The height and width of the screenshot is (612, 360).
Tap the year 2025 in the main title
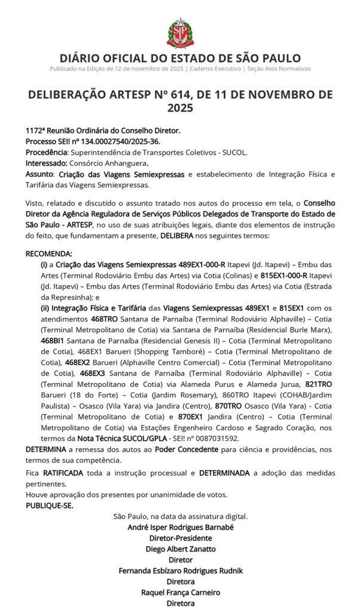coord(179,108)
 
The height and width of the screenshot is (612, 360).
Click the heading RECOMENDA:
coord(49,253)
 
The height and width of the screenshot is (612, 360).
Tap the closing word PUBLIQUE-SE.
coord(49,506)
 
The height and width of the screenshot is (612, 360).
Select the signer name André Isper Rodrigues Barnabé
coord(180,527)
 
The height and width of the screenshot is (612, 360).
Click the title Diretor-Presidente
coord(180,538)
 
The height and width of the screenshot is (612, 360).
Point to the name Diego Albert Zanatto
coord(180,549)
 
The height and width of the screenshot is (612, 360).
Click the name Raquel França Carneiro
coord(180,592)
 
